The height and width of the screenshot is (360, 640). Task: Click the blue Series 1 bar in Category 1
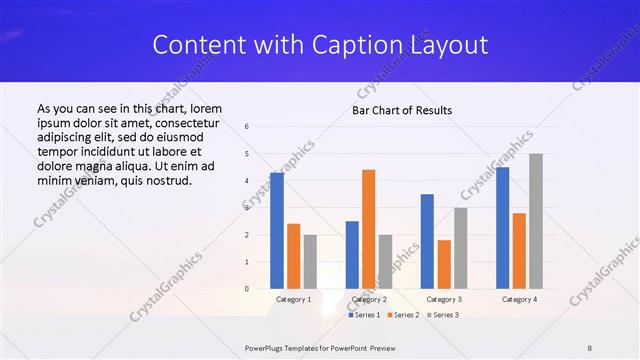[x=277, y=231]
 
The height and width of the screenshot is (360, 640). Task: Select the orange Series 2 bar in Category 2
[x=368, y=229]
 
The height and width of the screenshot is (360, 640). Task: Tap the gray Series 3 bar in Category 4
[x=536, y=221]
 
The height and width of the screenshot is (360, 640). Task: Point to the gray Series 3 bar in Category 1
[x=309, y=262]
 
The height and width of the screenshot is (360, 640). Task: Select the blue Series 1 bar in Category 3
[x=427, y=241]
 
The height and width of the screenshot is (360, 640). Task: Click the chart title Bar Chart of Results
[x=401, y=110]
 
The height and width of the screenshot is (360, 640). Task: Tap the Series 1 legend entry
[x=365, y=315]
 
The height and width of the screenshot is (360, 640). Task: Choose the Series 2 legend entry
[x=402, y=315]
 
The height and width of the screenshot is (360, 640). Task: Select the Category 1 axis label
[x=293, y=299]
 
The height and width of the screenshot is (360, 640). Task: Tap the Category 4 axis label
[x=519, y=299]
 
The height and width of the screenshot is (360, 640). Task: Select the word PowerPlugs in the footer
[x=266, y=347]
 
